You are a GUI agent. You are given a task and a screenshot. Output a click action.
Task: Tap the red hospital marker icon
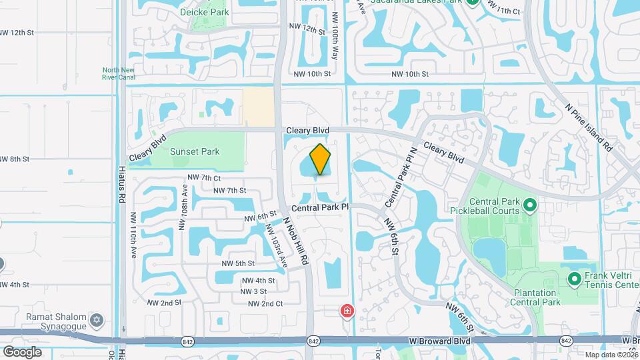pyautogui.click(x=347, y=311)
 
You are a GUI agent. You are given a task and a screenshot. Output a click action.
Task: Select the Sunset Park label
pyautogui.click(x=195, y=151)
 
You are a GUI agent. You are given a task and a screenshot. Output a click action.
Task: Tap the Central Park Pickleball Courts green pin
pyautogui.click(x=531, y=205)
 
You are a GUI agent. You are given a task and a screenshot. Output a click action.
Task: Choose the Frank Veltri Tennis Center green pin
pyautogui.click(x=573, y=279)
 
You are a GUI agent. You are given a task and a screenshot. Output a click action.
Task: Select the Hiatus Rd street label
pyautogui.click(x=122, y=185)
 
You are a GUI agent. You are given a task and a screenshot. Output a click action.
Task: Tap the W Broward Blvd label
pyautogui.click(x=439, y=341)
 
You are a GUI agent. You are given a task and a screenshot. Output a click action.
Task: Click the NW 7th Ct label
pyautogui.click(x=204, y=178)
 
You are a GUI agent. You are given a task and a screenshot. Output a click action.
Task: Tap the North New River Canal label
pyautogui.click(x=119, y=74)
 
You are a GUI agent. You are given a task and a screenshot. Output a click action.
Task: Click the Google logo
pyautogui.click(x=22, y=351)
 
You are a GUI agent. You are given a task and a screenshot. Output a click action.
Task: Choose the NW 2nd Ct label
pyautogui.click(x=265, y=303)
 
